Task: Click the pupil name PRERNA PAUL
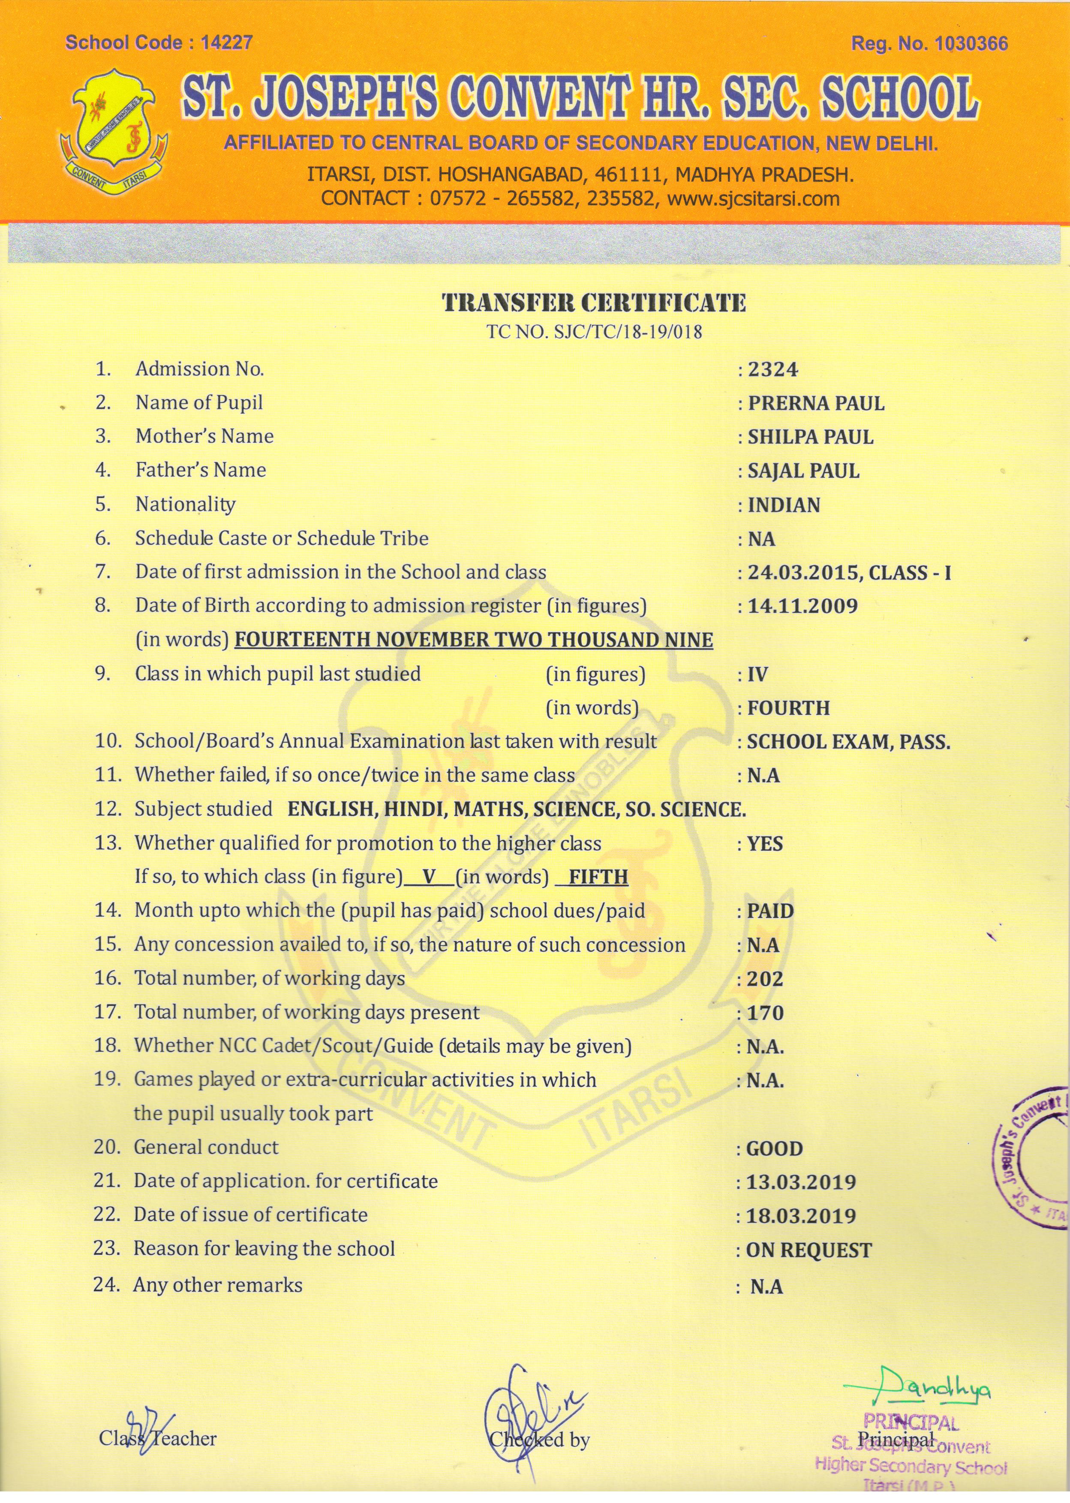click(816, 403)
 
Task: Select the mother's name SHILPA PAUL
click(810, 437)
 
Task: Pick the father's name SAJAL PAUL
click(803, 471)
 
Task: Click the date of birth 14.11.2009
click(802, 606)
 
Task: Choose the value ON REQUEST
click(809, 1251)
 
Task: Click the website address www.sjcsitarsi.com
click(754, 198)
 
